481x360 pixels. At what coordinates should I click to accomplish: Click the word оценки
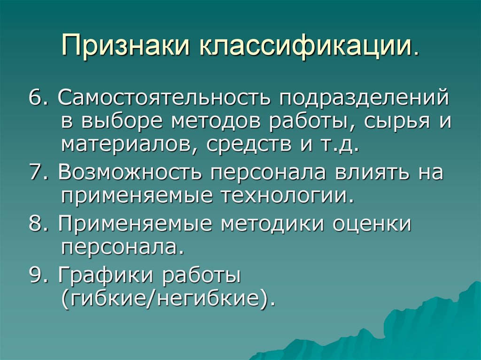[x=372, y=224]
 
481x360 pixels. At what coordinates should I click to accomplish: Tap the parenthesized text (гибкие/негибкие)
[x=167, y=299]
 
